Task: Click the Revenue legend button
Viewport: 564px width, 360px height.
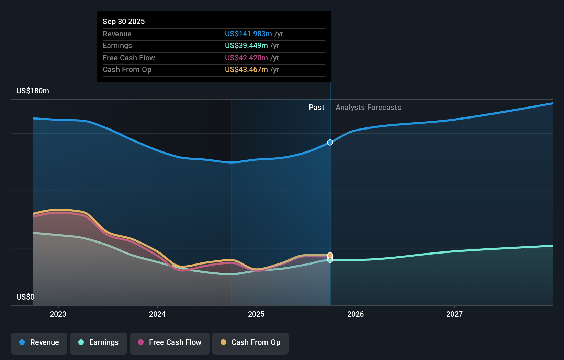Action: point(39,342)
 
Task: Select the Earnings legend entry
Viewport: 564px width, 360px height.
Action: point(99,342)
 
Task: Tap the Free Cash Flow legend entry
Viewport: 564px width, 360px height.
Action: point(170,342)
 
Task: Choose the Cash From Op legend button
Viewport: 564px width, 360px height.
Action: point(250,342)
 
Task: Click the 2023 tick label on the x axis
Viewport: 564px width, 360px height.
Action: point(58,314)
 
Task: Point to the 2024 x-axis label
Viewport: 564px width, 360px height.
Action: point(157,314)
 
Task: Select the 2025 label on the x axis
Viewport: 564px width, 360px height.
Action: point(256,314)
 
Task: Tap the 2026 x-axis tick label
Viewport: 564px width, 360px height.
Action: point(356,314)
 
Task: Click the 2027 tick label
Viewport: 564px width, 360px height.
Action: point(454,314)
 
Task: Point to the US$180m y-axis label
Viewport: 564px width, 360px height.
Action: point(33,91)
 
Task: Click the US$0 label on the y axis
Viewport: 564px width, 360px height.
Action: point(25,297)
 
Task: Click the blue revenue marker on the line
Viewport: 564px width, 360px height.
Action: point(330,143)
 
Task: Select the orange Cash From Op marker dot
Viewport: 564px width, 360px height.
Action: point(330,255)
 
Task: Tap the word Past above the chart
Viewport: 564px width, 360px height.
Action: point(316,108)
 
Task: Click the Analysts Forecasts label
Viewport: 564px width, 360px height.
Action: point(368,108)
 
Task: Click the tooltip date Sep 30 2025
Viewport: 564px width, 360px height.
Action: point(124,22)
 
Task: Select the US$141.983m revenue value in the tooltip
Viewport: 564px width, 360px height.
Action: point(248,34)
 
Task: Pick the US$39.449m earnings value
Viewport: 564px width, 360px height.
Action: point(246,46)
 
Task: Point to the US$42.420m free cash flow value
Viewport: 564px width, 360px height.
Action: point(246,58)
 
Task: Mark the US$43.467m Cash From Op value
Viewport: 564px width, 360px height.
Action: point(246,70)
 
